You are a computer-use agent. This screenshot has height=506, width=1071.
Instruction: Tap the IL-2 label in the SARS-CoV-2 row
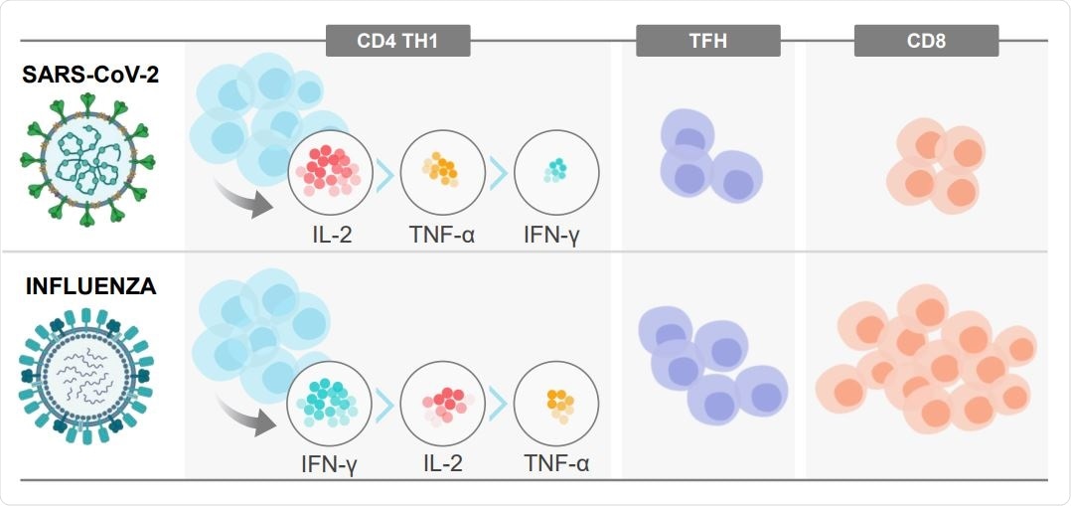329,236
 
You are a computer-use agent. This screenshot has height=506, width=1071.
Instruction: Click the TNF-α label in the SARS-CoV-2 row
443,236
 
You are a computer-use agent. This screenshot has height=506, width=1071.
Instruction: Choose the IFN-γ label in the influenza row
329,462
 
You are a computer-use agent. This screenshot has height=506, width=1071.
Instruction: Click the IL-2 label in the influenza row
443,462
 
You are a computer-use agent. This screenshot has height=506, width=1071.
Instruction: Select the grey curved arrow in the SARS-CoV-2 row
245,199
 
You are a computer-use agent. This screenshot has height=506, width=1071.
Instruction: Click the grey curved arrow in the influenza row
245,423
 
